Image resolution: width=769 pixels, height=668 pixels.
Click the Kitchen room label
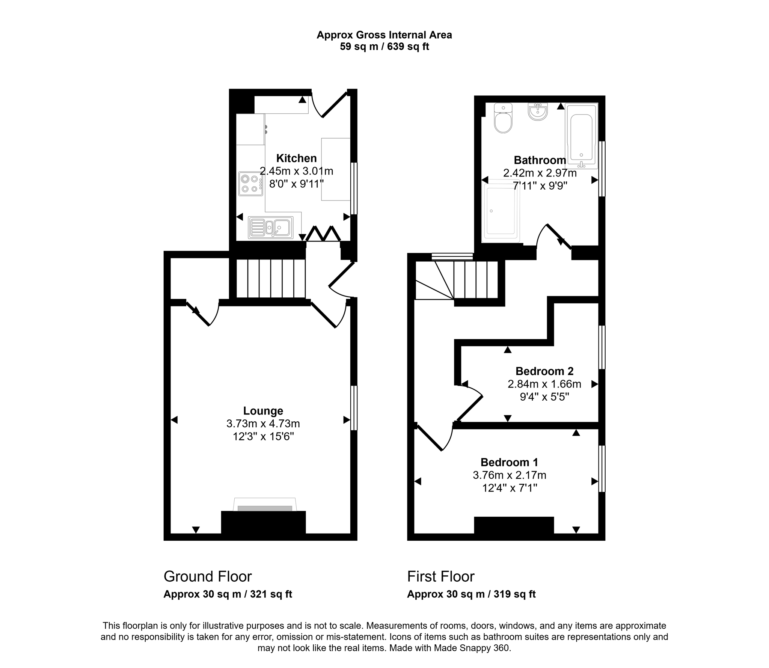(x=296, y=158)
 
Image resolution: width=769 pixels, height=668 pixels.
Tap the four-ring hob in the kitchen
(x=250, y=184)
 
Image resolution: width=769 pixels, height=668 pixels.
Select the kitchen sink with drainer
(x=270, y=228)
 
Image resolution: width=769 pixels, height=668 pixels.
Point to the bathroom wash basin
(x=538, y=112)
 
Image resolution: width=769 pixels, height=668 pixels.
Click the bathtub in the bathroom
(x=581, y=136)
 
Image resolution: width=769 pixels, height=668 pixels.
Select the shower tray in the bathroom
(x=501, y=211)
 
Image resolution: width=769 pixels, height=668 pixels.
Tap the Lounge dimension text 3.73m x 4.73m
(x=263, y=424)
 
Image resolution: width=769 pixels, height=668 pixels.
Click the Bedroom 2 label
(x=544, y=371)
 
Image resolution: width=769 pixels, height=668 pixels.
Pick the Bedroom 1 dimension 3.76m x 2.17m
(x=509, y=475)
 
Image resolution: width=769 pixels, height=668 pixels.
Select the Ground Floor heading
(x=208, y=576)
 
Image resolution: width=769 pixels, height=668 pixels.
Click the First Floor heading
(x=441, y=576)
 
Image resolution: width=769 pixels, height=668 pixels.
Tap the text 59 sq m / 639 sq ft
(x=384, y=47)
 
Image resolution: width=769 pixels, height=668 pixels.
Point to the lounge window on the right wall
(x=354, y=408)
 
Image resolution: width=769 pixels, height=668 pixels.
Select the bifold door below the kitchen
(x=323, y=234)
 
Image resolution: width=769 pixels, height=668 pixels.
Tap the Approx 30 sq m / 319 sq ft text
(x=471, y=594)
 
